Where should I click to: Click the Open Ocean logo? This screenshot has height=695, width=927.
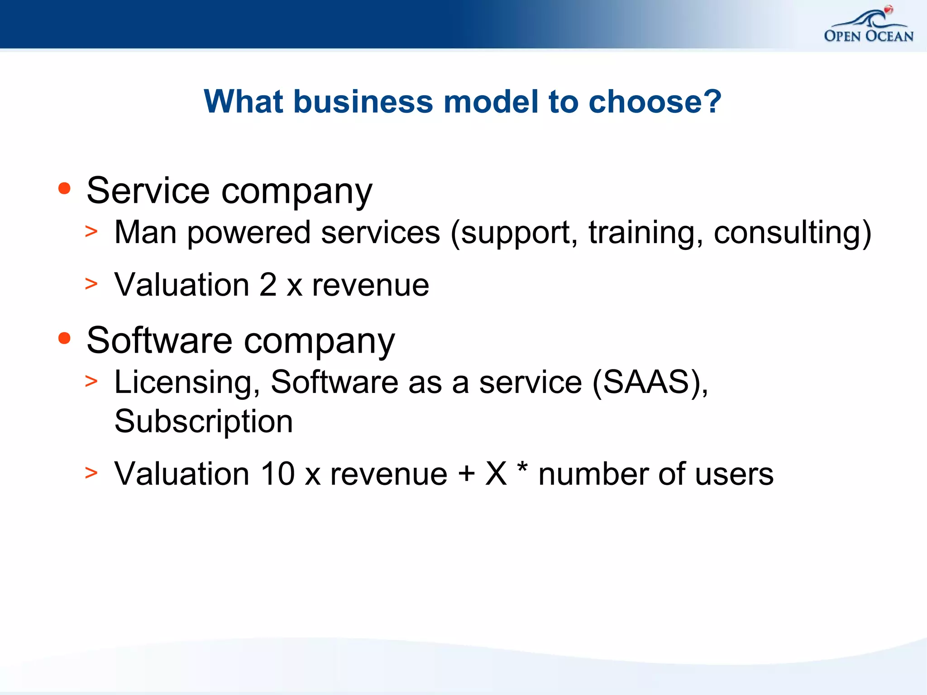[868, 26]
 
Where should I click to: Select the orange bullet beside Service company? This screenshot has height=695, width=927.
[65, 188]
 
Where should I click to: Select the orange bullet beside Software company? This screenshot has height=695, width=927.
[65, 338]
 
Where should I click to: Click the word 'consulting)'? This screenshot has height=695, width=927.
[792, 233]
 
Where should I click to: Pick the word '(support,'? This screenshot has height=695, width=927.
[514, 233]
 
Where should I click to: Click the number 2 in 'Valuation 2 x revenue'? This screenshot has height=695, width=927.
[268, 285]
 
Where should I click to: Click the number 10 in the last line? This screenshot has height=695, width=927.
[277, 474]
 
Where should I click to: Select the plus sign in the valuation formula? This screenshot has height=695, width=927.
[466, 474]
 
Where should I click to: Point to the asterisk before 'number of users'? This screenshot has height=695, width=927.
[522, 467]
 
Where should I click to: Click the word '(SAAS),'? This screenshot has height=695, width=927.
[650, 383]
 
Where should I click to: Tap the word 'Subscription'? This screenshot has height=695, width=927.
[204, 422]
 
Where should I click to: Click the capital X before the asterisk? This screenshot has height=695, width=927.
[496, 474]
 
